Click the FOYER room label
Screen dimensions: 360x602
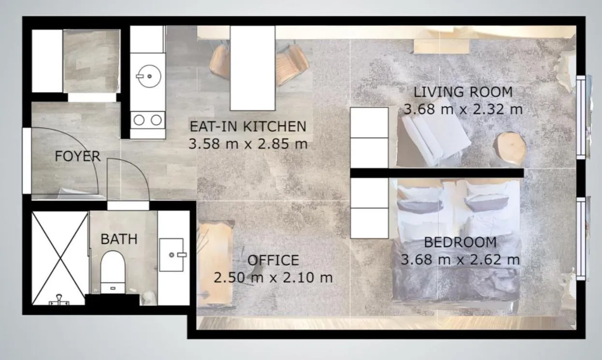pyautogui.click(x=77, y=156)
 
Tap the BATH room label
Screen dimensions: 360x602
pyautogui.click(x=119, y=239)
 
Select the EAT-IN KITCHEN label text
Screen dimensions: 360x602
pyautogui.click(x=248, y=127)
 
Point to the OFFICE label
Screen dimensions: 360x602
pyautogui.click(x=273, y=260)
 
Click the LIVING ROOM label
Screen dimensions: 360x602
pyautogui.click(x=463, y=91)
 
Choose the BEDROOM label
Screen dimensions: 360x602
pyautogui.click(x=460, y=242)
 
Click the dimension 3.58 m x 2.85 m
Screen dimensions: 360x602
pyautogui.click(x=248, y=144)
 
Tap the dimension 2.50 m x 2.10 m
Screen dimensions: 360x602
pyautogui.click(x=273, y=277)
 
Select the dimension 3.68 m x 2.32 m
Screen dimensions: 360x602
pyautogui.click(x=463, y=109)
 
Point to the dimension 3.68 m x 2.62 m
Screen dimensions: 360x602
pyautogui.click(x=460, y=259)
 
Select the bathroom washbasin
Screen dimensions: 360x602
pyautogui.click(x=172, y=254)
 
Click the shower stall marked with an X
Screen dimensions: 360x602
pyautogui.click(x=59, y=257)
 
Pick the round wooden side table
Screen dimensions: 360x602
pyautogui.click(x=510, y=148)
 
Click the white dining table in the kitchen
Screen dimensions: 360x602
pyautogui.click(x=252, y=68)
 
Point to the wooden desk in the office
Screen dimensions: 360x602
pyautogui.click(x=215, y=263)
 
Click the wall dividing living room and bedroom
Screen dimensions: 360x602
pyautogui.click(x=437, y=173)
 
